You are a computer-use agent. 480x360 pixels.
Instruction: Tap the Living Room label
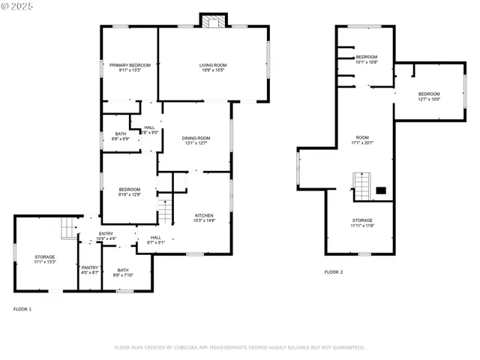[213, 67]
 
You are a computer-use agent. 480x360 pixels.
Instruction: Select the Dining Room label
[195, 140]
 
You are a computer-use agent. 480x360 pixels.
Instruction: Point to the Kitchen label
[205, 217]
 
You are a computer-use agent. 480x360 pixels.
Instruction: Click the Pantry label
[90, 269]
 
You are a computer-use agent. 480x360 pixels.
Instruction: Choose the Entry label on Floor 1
[106, 235]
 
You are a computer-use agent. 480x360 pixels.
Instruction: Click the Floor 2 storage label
[362, 222]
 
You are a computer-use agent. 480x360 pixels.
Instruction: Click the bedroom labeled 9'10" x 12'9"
[130, 192]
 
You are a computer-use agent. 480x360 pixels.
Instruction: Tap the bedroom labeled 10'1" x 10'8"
[366, 59]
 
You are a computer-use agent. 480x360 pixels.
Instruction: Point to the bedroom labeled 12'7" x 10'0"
[429, 96]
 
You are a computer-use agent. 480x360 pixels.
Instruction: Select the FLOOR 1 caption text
[22, 309]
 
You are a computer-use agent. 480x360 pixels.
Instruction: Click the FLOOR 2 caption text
[333, 271]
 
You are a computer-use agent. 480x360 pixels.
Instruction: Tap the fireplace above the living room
[213, 21]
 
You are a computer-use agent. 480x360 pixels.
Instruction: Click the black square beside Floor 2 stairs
[380, 190]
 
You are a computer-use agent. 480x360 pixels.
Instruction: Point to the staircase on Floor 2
[362, 186]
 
